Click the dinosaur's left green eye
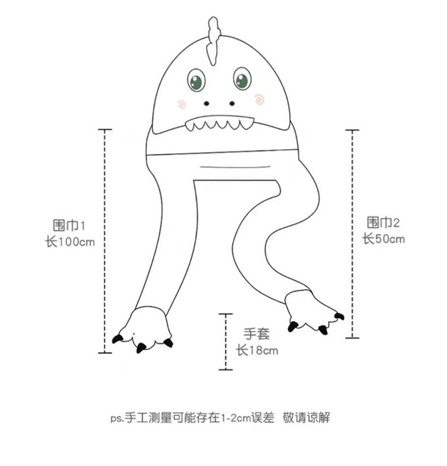[x=196, y=80]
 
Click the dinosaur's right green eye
[x=242, y=78]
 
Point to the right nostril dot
[x=231, y=104]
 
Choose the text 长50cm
[x=383, y=239]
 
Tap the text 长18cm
[x=257, y=350]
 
